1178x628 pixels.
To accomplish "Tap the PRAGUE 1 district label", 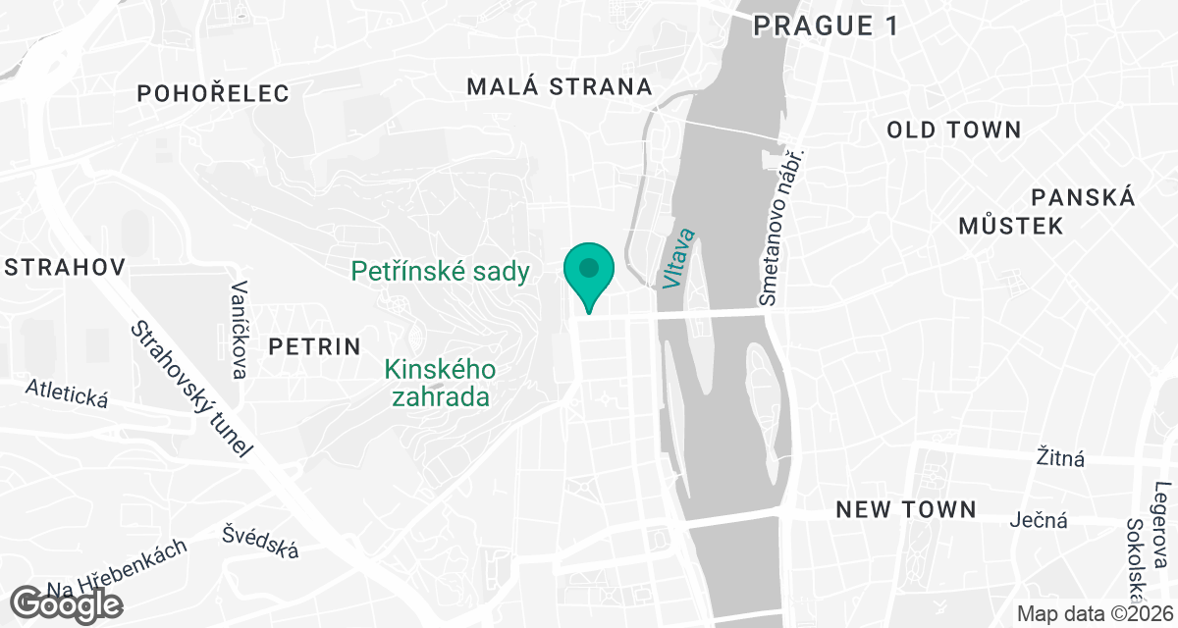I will (826, 26).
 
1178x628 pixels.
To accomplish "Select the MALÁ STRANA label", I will (560, 86).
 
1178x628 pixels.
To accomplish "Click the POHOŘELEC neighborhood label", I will (214, 94).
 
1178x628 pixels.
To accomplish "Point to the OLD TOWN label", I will (954, 130).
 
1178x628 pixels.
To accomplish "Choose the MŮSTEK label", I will (1010, 227).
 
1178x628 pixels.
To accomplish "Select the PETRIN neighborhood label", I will (314, 346).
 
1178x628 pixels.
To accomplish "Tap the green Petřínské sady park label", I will (441, 272).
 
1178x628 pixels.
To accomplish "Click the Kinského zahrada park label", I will (441, 383).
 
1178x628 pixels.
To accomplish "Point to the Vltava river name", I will (678, 259).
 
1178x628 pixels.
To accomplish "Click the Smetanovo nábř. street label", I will (781, 227).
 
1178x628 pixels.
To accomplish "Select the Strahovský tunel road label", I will (192, 389).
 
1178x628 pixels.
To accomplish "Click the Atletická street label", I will (67, 395).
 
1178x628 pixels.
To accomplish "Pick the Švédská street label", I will (260, 542).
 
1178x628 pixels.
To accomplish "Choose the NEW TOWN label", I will (906, 509).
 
